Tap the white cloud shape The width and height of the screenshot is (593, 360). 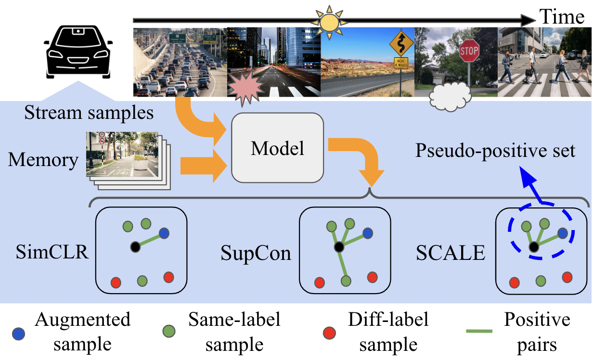(450, 96)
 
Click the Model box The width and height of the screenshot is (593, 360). (277, 148)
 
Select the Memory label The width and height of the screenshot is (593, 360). (43, 160)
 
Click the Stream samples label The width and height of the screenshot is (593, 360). (89, 113)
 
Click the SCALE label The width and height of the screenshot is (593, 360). (451, 252)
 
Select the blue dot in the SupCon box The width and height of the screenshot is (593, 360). (368, 233)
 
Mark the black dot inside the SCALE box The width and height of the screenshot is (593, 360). (534, 247)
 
